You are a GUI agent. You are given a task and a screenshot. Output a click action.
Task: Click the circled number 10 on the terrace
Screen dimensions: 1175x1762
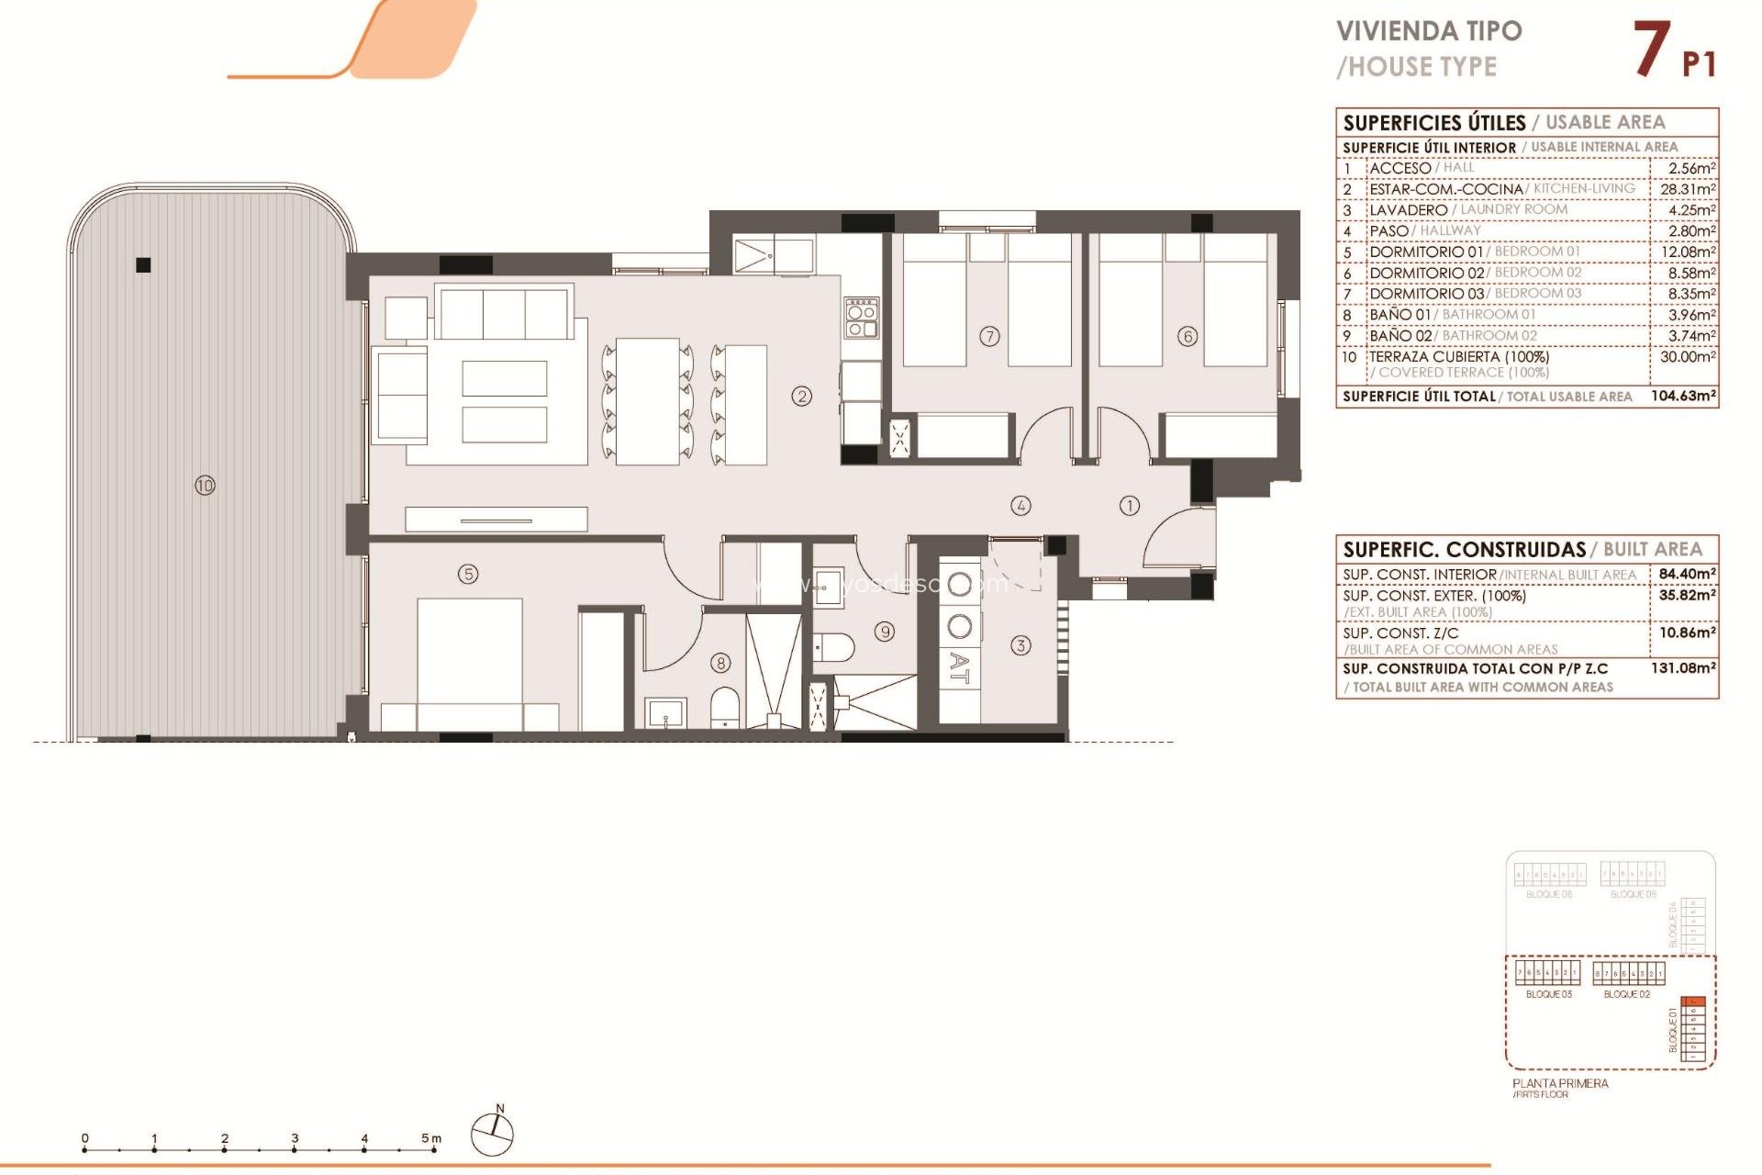click(x=205, y=485)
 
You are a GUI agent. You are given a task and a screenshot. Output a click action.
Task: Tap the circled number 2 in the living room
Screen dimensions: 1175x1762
click(x=802, y=396)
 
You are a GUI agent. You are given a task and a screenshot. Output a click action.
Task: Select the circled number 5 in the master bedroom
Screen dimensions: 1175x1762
click(x=468, y=574)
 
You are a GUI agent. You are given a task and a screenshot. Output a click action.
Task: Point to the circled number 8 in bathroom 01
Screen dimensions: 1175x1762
click(x=721, y=662)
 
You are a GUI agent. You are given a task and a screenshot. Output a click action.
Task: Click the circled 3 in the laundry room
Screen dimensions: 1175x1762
click(x=1020, y=645)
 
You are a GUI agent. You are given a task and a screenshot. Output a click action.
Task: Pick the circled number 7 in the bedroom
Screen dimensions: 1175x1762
click(x=989, y=336)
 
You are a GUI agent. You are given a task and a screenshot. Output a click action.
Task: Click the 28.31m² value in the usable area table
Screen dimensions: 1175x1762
click(x=1687, y=189)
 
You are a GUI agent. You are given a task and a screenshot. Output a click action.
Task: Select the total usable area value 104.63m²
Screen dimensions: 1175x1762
click(x=1683, y=396)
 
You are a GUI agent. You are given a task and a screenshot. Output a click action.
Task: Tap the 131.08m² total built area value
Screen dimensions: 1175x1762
click(x=1683, y=668)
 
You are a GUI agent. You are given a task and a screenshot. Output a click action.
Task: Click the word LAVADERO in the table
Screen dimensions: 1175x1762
click(x=1408, y=210)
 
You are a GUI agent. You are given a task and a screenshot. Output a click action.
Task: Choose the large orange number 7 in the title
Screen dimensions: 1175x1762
click(x=1651, y=50)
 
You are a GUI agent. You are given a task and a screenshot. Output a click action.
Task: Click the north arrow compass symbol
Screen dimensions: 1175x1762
click(x=493, y=1133)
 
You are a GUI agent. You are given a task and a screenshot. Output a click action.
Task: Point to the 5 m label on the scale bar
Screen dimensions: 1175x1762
click(x=431, y=1138)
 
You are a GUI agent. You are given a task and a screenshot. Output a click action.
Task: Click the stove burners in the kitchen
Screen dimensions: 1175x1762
click(x=862, y=317)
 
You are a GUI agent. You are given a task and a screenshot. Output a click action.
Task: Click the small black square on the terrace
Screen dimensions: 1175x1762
click(x=143, y=265)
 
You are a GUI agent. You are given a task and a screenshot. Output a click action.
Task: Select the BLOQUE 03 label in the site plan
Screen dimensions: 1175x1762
click(x=1548, y=994)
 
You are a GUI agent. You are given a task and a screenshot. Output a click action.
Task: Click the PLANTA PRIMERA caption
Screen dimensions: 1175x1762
click(x=1560, y=1083)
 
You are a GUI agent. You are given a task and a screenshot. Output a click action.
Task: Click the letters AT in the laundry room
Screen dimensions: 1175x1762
click(x=959, y=667)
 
